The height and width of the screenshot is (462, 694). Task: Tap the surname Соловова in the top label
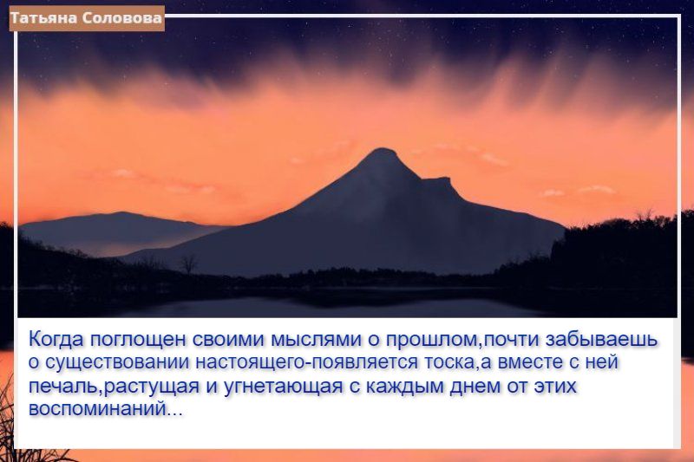121,18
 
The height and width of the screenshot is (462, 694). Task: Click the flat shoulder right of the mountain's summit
436,179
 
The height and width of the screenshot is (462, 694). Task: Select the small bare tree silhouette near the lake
188,264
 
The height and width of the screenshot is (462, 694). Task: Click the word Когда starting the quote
56,340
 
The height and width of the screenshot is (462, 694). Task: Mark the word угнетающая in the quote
284,387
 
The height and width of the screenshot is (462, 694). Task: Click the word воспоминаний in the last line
97,408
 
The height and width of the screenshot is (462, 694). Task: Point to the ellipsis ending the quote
174,413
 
